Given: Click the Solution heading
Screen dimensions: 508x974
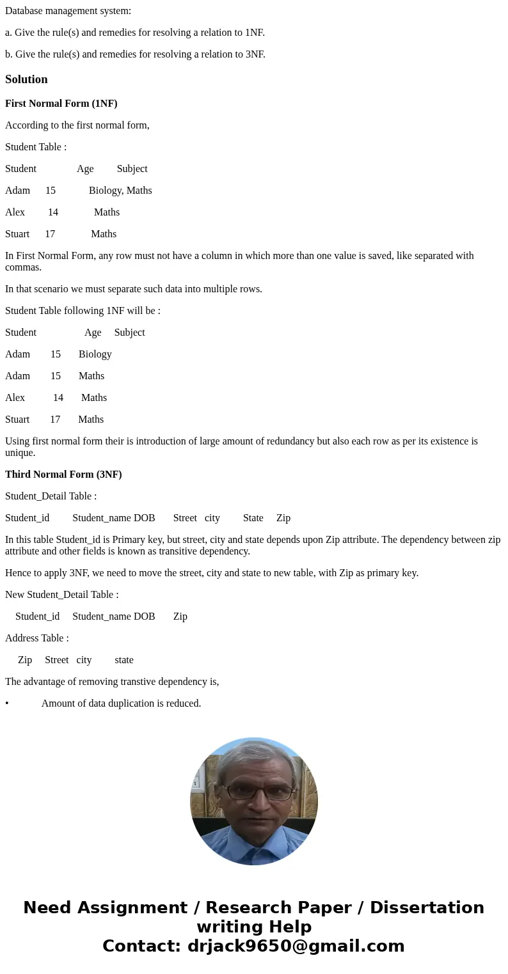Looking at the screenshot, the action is [x=26, y=79].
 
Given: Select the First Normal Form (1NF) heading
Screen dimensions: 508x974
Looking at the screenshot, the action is [x=61, y=104].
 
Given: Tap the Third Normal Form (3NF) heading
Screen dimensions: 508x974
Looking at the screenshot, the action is [x=63, y=475].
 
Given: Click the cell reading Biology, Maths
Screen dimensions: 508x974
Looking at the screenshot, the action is [x=120, y=191].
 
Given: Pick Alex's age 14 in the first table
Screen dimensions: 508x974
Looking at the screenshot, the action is [x=53, y=212].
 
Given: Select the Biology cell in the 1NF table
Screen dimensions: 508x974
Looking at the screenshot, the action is [x=95, y=354].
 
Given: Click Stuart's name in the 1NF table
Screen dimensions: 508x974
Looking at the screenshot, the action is [x=17, y=420].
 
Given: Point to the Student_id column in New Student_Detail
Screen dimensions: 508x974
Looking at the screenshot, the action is [x=37, y=617].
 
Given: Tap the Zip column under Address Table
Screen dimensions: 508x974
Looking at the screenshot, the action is [x=25, y=660].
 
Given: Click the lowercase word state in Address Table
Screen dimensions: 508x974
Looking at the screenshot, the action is [x=124, y=660].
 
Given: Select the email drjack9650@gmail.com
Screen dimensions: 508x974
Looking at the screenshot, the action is [x=296, y=946].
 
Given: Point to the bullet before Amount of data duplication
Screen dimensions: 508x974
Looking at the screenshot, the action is [x=7, y=703].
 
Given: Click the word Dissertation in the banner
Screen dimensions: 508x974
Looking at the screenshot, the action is [x=427, y=907].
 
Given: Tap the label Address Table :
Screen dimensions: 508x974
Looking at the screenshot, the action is [x=37, y=638].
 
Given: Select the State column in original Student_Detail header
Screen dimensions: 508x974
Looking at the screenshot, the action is [x=253, y=518].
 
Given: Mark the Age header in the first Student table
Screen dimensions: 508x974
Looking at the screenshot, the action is [x=85, y=169].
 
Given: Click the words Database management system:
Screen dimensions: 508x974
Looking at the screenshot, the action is [x=68, y=11].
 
